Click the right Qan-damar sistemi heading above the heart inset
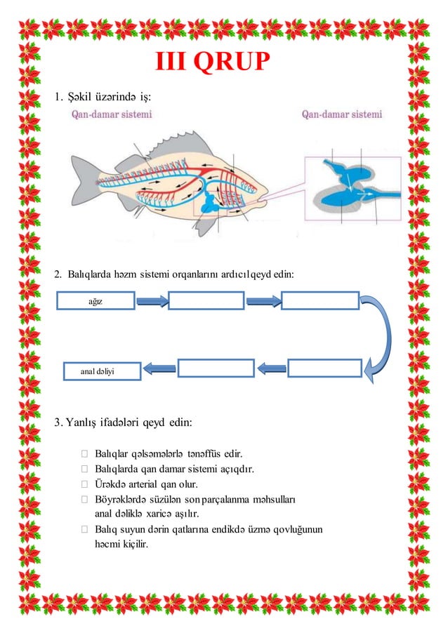342,114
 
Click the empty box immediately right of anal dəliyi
215,368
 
